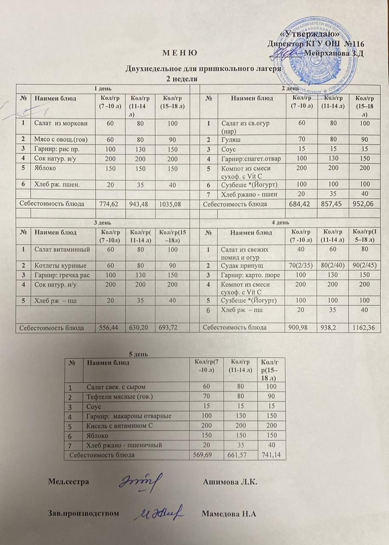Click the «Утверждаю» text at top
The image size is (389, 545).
click(x=309, y=34)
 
